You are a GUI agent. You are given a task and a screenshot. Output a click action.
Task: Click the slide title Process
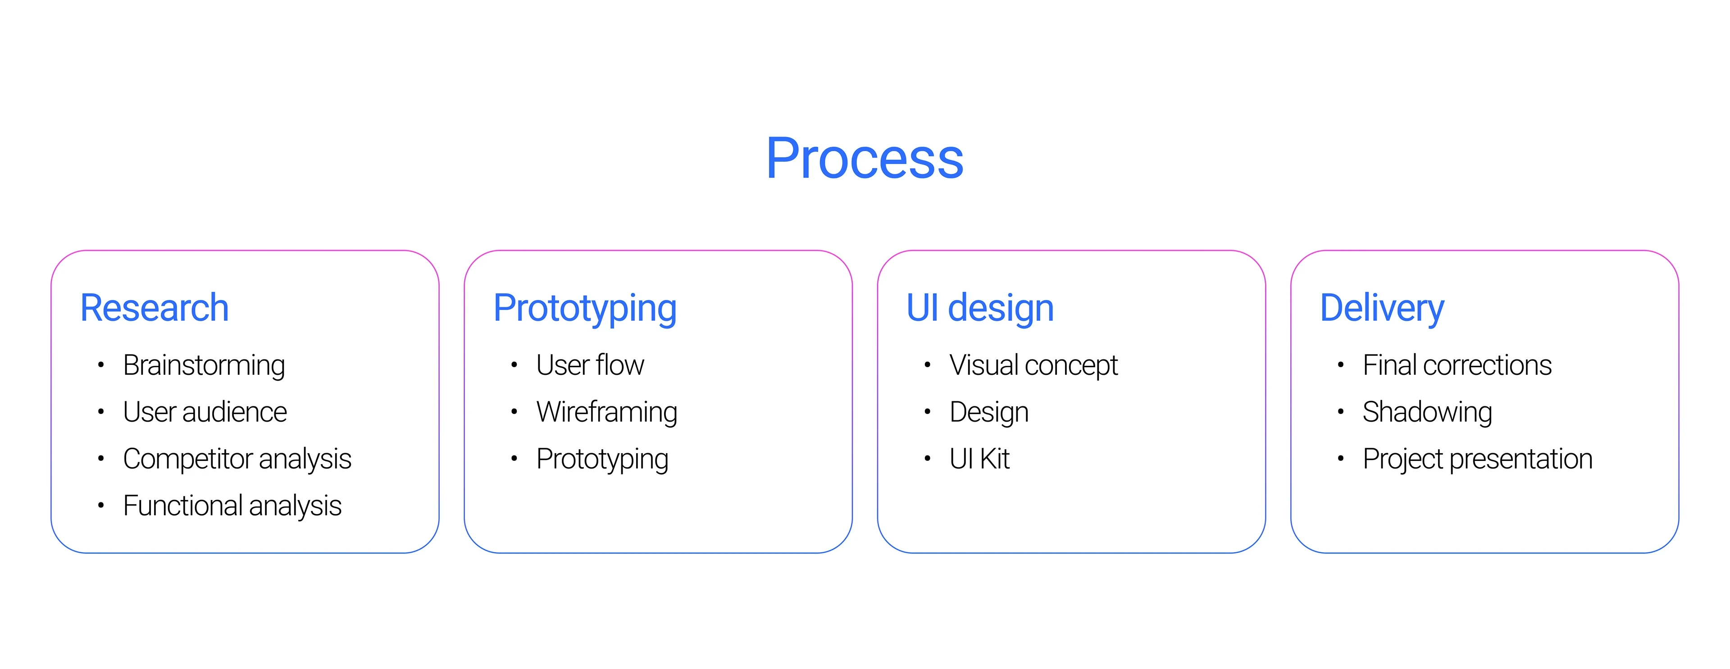(x=865, y=159)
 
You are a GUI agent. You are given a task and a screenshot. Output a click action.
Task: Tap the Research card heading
(x=155, y=308)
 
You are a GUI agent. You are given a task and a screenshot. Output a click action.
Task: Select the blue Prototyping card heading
(x=585, y=309)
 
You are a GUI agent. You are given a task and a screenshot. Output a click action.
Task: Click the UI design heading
(x=980, y=309)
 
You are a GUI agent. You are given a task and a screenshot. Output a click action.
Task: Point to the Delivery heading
(x=1382, y=309)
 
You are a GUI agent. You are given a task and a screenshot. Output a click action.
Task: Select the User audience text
(x=205, y=412)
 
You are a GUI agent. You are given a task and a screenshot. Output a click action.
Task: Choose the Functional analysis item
(x=232, y=506)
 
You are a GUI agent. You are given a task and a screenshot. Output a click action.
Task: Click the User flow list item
(x=590, y=365)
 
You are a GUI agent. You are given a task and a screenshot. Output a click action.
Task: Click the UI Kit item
(x=979, y=459)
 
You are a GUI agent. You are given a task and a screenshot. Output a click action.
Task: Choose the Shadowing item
(x=1428, y=412)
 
